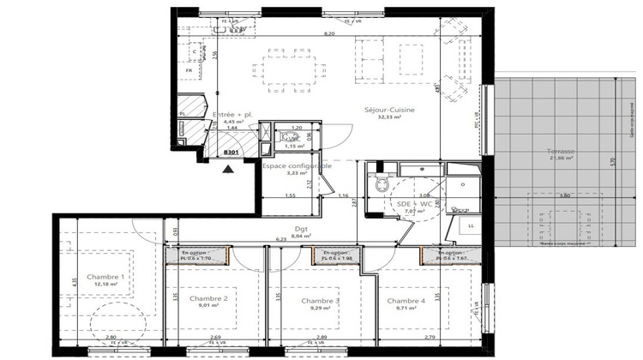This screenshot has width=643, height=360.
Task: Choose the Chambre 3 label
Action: click(321, 301)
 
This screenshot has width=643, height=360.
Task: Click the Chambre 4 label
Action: click(406, 301)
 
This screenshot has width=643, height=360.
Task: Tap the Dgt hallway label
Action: click(299, 230)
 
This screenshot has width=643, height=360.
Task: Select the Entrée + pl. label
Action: click(232, 114)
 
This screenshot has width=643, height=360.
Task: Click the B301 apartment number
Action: click(231, 152)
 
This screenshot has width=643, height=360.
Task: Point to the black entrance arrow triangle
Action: click(228, 168)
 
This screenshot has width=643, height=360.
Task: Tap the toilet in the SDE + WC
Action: click(382, 184)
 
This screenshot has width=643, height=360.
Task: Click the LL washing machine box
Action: click(471, 225)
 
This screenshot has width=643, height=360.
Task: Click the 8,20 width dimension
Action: click(328, 33)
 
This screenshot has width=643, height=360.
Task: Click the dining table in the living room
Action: click(291, 68)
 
